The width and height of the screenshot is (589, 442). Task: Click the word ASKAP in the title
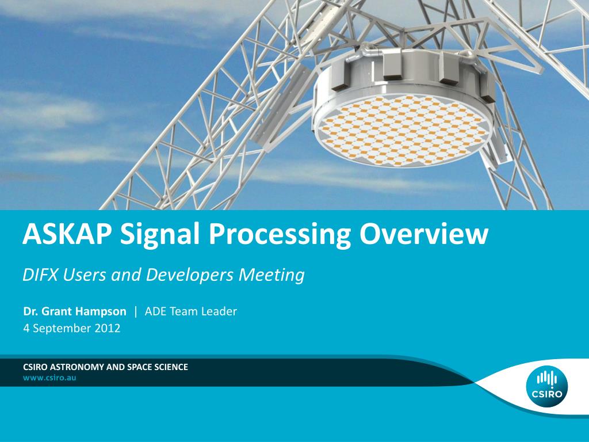tap(68, 234)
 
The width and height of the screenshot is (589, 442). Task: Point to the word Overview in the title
tap(424, 234)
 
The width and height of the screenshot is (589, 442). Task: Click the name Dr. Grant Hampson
tap(75, 311)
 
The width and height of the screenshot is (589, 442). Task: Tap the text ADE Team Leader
tap(191, 311)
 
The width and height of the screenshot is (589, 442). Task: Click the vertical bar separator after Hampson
tap(136, 311)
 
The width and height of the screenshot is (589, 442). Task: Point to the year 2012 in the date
tap(108, 328)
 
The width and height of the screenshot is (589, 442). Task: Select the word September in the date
tap(62, 329)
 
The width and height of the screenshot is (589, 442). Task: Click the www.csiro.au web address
tap(49, 378)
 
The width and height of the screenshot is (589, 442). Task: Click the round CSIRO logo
tap(547, 387)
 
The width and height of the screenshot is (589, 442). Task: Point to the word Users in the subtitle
tap(85, 275)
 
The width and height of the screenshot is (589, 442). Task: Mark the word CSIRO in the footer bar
tap(35, 367)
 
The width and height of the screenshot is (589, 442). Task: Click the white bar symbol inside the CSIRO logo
tap(547, 379)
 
